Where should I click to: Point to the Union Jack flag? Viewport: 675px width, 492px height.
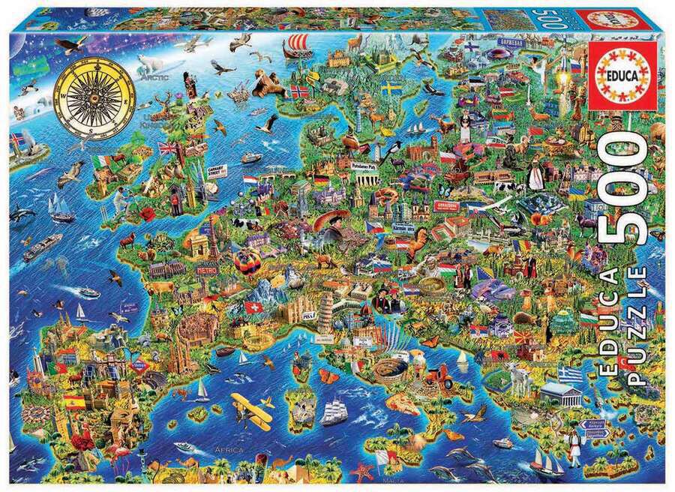click(x=166, y=148)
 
